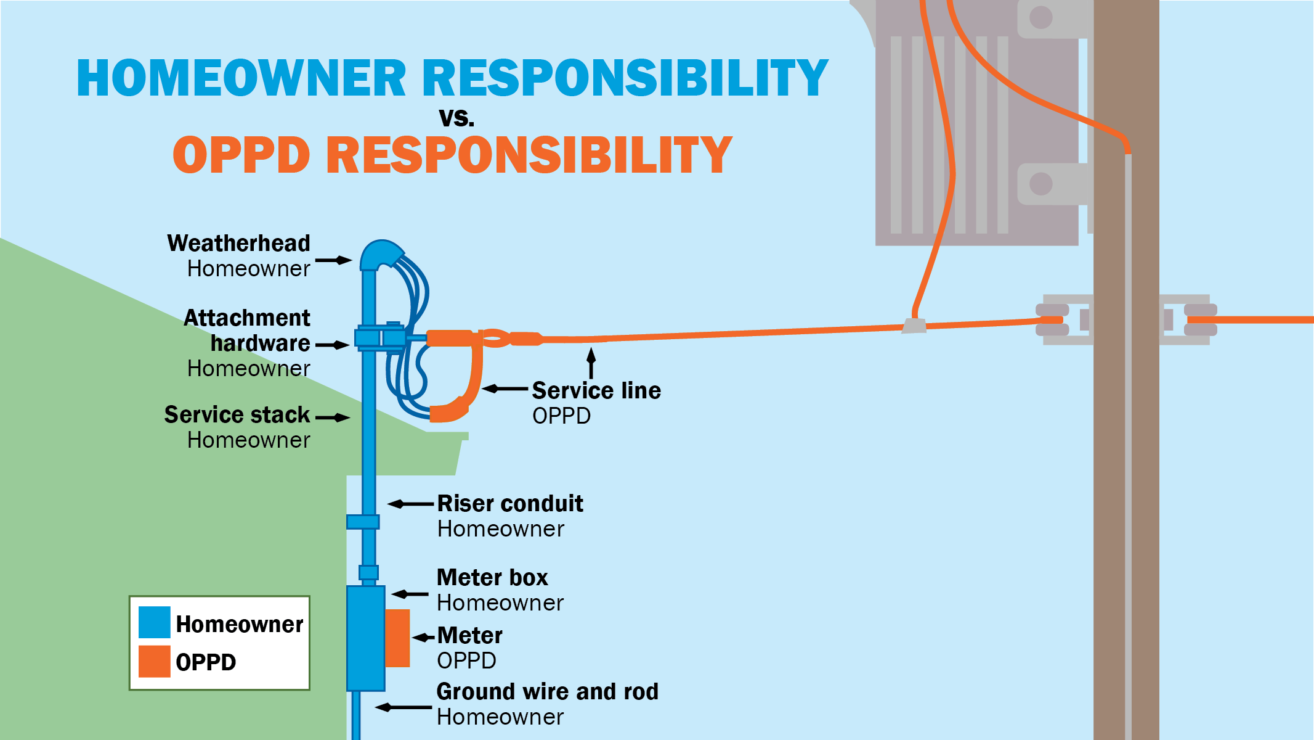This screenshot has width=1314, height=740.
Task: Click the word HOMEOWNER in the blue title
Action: pos(241,78)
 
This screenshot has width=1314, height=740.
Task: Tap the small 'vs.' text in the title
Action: pos(456,117)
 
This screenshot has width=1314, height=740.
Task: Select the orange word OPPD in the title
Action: pos(241,155)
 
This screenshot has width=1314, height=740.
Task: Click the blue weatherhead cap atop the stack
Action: pos(380,254)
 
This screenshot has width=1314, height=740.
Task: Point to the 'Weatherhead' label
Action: pos(238,244)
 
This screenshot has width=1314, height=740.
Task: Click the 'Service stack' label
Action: pos(237,415)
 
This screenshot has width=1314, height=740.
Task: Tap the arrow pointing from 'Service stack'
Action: pos(333,417)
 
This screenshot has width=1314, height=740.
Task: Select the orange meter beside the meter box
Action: pos(397,638)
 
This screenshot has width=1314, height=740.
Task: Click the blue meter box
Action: pos(365,638)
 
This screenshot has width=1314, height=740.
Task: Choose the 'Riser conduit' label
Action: pos(510,504)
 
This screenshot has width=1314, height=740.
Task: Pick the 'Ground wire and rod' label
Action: pos(547,692)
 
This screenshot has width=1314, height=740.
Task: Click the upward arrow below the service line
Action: pos(591,363)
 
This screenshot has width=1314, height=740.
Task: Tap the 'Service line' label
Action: pos(596,391)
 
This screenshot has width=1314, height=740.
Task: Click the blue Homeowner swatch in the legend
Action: pos(154,622)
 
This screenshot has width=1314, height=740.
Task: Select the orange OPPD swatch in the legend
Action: pos(154,662)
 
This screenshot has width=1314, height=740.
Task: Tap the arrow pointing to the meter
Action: pos(423,638)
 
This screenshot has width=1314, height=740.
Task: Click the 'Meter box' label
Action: pos(492,578)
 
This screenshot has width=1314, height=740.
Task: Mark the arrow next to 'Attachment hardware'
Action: pos(333,345)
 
